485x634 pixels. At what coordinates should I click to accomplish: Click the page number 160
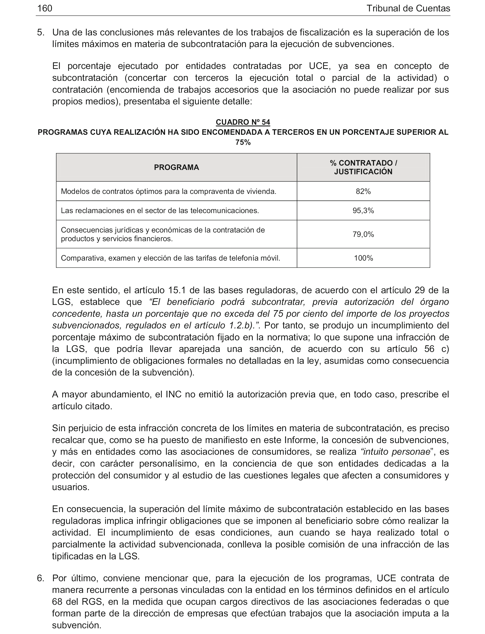point(45,8)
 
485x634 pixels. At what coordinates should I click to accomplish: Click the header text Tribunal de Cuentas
point(408,8)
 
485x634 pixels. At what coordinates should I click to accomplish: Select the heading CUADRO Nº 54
point(243,122)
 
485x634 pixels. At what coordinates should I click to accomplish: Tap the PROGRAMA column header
point(176,167)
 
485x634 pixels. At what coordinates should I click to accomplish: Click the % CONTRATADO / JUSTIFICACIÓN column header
point(363,167)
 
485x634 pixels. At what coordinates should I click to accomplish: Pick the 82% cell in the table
point(363,191)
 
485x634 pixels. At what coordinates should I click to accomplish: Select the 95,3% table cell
point(363,211)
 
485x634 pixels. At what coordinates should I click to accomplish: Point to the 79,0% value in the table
point(363,234)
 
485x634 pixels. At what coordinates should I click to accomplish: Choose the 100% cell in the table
point(363,258)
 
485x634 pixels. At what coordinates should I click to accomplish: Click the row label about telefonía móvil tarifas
point(170,258)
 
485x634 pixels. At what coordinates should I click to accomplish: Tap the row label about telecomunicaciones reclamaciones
point(160,211)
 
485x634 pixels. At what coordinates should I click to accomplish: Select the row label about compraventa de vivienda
point(168,191)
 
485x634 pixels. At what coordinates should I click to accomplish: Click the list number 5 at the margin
point(40,32)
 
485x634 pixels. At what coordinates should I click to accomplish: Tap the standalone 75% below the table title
point(243,143)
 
